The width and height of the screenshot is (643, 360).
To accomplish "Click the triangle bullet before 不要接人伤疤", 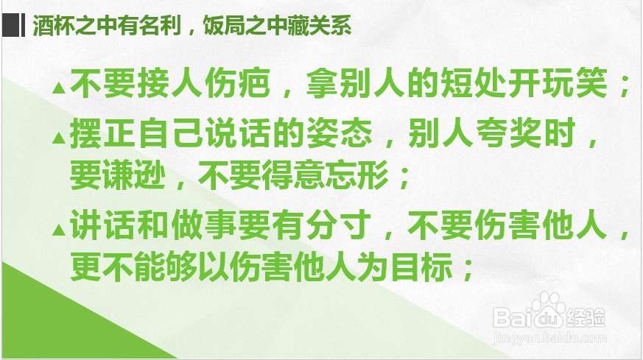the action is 59,88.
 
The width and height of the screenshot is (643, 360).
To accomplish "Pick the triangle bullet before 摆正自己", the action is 59,138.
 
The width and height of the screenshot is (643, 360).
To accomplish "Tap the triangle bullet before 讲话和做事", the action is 59,230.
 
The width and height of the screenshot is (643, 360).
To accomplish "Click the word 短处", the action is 474,83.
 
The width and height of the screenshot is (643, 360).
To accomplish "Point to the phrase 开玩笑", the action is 558,83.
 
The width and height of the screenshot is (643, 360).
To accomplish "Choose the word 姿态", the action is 340,133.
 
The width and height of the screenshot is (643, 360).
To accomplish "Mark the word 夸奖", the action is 508,133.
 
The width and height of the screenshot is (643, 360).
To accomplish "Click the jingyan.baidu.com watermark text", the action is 549,338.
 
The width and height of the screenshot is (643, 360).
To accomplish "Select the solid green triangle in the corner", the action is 62,324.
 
